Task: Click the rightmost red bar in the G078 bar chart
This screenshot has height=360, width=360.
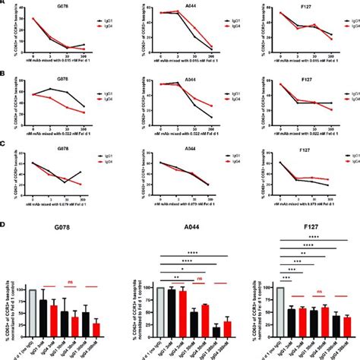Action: tap(118, 329)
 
